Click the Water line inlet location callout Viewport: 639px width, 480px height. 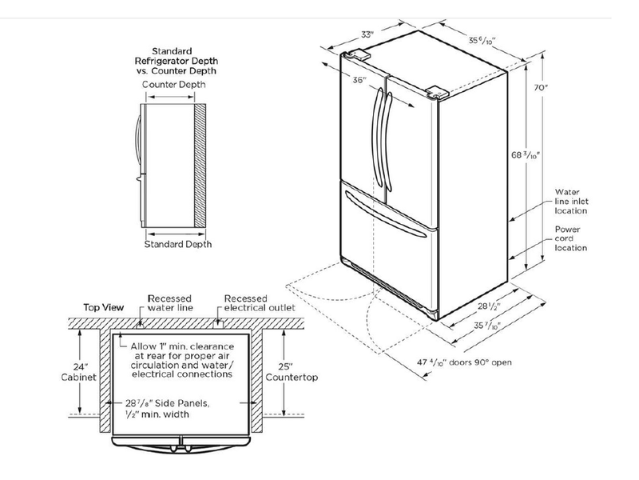(x=572, y=202)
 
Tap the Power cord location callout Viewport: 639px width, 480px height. (x=572, y=238)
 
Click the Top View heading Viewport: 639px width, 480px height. (x=103, y=307)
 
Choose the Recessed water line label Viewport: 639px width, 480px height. (x=169, y=302)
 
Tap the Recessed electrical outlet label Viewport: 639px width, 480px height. (x=260, y=302)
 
